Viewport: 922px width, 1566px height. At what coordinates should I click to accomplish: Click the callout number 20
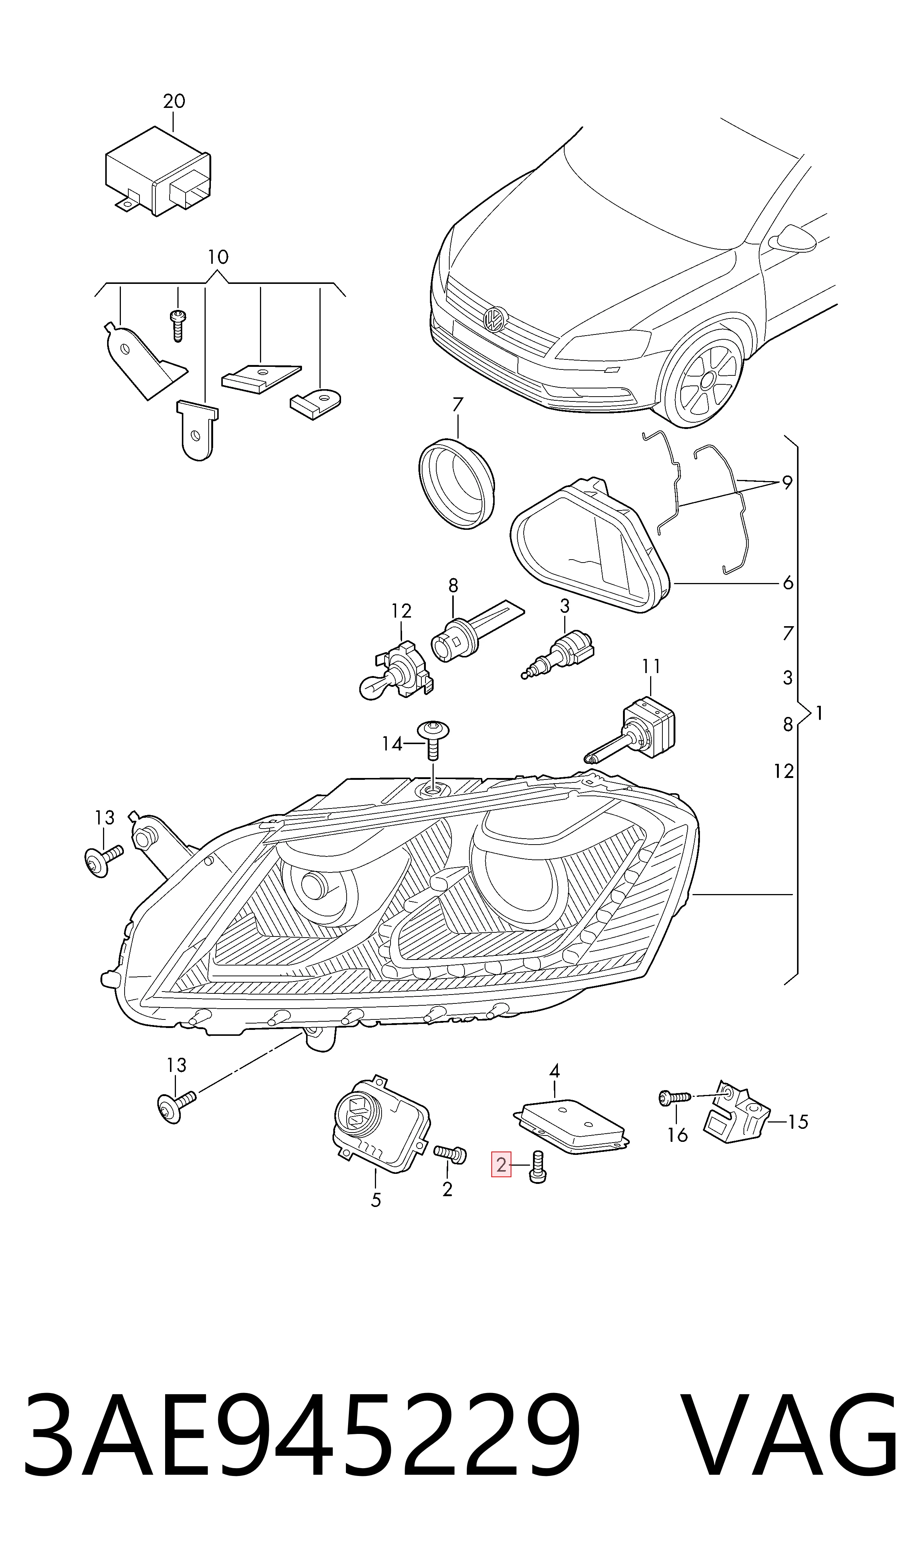(174, 101)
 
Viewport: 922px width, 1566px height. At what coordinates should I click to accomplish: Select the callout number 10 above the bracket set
(218, 257)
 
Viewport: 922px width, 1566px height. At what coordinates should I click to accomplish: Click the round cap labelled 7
(457, 482)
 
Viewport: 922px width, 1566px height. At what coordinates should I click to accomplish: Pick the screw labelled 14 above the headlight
(434, 740)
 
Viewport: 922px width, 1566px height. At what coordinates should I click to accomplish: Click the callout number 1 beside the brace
(819, 713)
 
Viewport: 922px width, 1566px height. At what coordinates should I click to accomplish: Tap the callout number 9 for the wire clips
(787, 482)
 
